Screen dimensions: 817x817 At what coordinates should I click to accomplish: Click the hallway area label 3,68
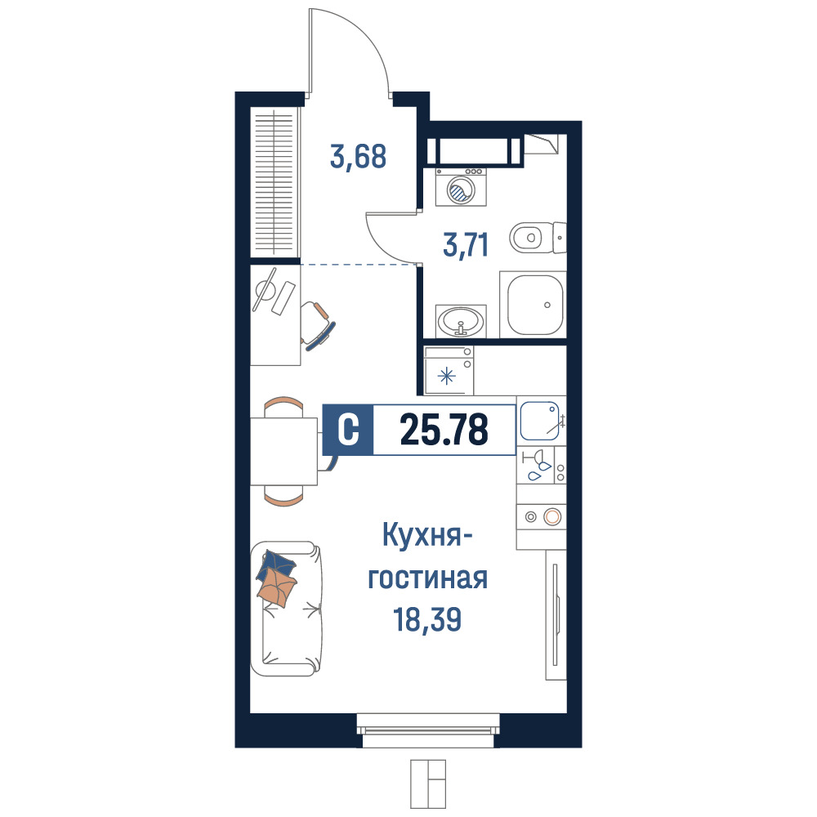tap(359, 157)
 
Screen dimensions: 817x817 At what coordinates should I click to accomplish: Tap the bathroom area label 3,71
tap(466, 245)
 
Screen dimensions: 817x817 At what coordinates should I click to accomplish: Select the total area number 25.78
tap(444, 430)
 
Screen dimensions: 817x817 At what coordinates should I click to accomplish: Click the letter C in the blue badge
tap(348, 430)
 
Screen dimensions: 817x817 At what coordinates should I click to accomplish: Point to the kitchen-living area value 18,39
tap(427, 619)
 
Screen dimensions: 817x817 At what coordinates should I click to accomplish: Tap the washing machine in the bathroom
tap(461, 187)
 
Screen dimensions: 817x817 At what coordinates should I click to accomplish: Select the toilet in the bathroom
tap(538, 238)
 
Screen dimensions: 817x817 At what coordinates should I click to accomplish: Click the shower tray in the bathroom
tap(533, 304)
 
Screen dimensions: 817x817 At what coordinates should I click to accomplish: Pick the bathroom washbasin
tap(461, 321)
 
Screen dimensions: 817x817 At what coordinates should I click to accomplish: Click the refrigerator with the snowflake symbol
tap(449, 370)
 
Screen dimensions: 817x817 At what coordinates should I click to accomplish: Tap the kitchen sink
tap(540, 421)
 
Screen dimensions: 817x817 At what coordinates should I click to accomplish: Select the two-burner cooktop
tap(542, 517)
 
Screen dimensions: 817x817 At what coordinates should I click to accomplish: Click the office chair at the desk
tap(317, 324)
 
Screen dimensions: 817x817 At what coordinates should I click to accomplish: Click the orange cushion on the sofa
tap(277, 587)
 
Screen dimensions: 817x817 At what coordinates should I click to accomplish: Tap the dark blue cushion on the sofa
tap(277, 563)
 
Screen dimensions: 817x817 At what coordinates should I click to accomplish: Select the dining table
tap(284, 451)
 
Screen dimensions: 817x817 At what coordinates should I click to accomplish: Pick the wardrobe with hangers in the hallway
tap(275, 181)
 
